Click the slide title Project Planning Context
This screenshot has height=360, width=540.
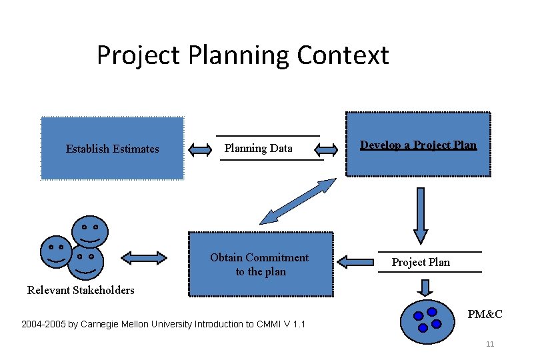[x=243, y=55]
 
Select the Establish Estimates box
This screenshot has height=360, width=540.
[x=112, y=149]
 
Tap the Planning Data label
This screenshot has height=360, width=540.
[x=258, y=148]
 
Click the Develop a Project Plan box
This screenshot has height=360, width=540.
[x=419, y=145]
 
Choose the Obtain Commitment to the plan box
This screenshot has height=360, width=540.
[x=261, y=264]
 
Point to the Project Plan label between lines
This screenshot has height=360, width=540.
[x=421, y=262]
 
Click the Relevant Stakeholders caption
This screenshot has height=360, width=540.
[x=81, y=290]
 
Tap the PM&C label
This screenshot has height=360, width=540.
[x=485, y=314]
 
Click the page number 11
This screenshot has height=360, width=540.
[x=490, y=344]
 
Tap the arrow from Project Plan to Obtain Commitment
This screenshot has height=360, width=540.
[x=355, y=261]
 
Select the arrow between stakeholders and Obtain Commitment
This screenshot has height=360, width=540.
[x=144, y=257]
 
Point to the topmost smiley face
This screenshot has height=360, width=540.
[x=89, y=231]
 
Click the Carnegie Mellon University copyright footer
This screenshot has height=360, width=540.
[x=163, y=325]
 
